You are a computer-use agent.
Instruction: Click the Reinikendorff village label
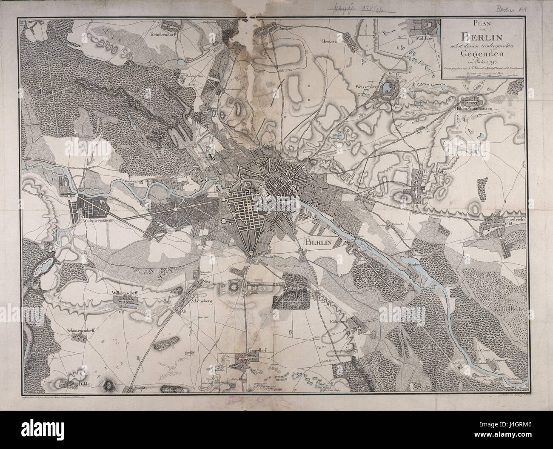[163, 35]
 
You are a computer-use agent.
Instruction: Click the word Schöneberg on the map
[202, 299]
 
